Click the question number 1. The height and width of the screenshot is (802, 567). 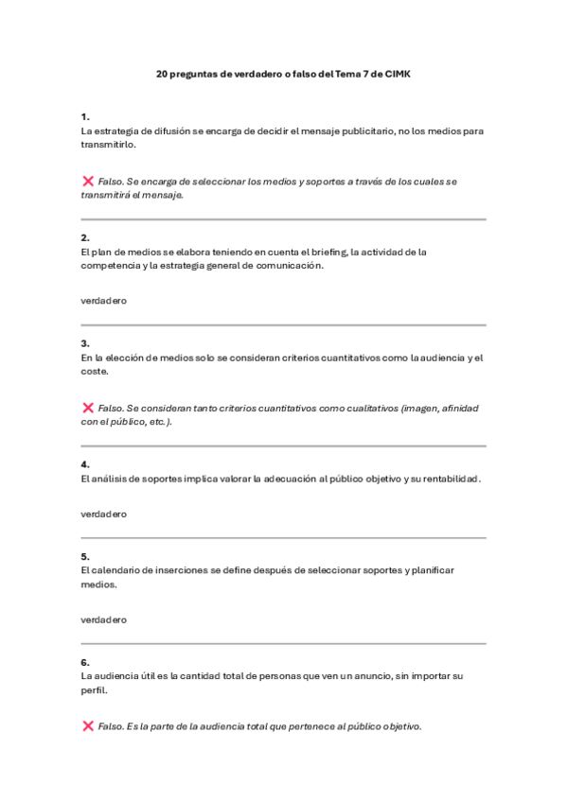(85, 116)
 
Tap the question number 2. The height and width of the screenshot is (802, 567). (85, 237)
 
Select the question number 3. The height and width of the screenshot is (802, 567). (85, 343)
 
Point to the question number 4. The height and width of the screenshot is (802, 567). (85, 464)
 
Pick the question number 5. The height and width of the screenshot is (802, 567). (85, 556)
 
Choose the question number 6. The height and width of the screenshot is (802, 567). (85, 662)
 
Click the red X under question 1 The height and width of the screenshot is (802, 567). (88, 181)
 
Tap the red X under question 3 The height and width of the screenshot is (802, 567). (88, 408)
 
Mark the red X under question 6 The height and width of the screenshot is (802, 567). (88, 726)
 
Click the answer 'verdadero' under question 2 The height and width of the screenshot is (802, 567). (104, 301)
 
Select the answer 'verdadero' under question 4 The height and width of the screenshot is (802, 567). (104, 514)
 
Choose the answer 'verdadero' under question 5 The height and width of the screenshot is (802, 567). (104, 619)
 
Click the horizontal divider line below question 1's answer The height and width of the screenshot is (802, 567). (283, 219)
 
